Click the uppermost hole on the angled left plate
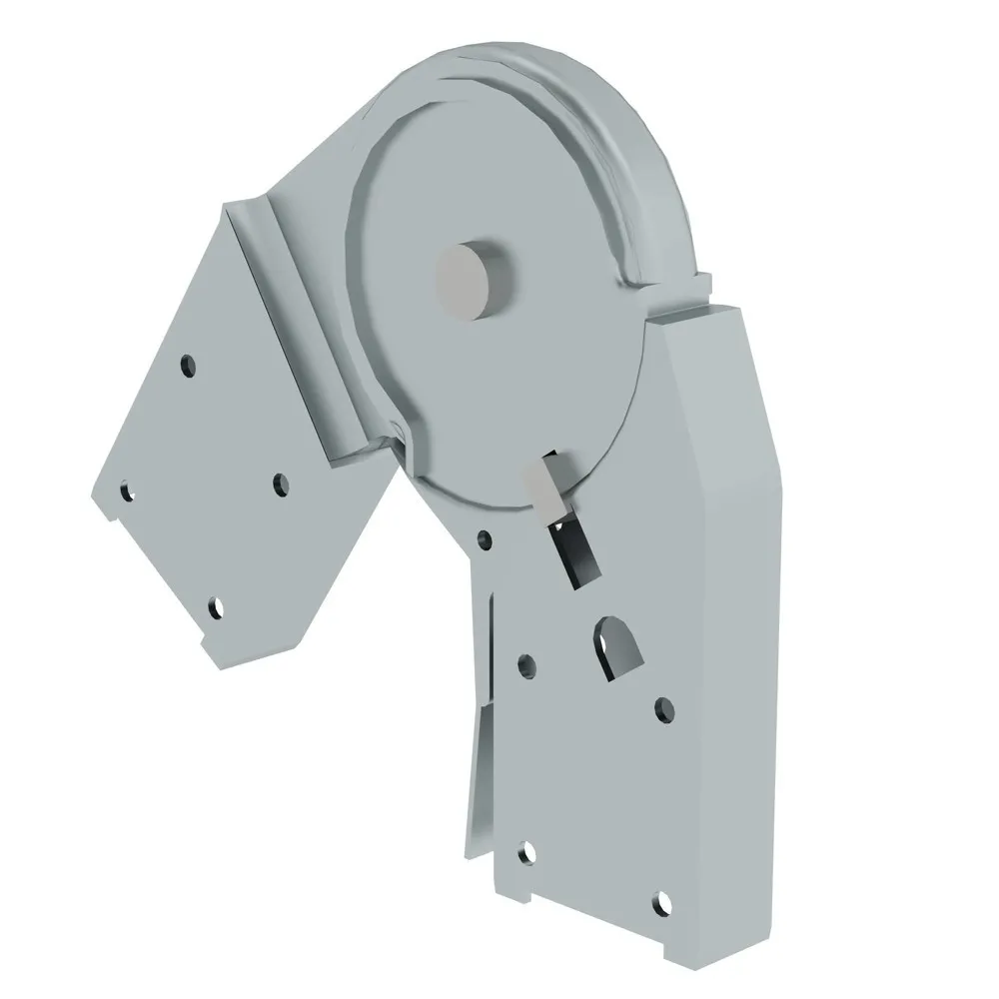(187, 367)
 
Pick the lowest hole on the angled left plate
(214, 606)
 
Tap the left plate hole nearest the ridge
(281, 484)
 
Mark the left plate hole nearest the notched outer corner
(126, 491)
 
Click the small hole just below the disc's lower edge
(485, 539)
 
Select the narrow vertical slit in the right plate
(494, 639)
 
